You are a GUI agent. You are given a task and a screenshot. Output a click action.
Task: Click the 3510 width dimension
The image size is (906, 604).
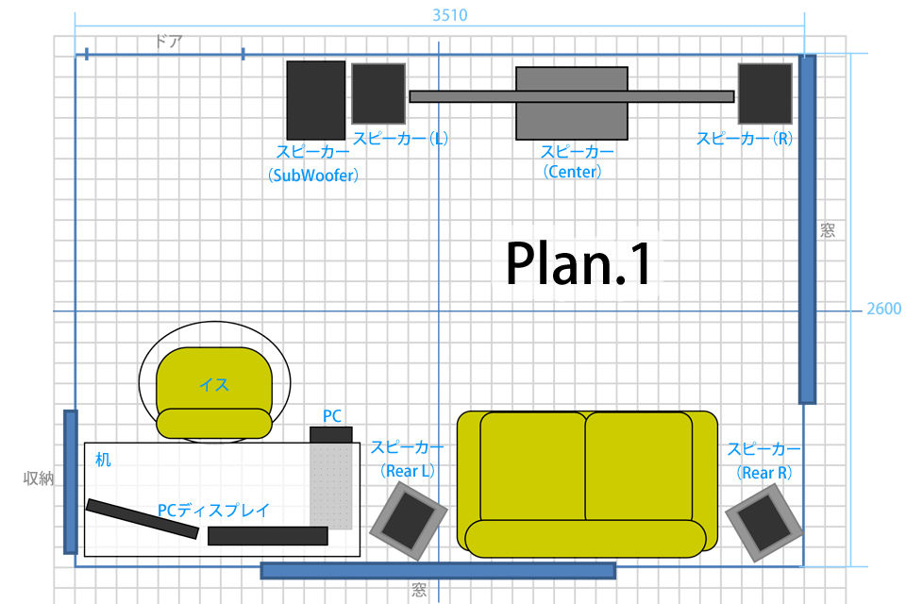[x=449, y=15]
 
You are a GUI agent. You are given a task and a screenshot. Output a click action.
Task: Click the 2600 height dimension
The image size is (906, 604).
[x=883, y=309]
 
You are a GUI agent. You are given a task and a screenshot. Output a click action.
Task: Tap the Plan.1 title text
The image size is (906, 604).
[x=579, y=263]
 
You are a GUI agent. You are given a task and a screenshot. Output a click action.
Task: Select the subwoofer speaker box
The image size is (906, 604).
[x=316, y=100]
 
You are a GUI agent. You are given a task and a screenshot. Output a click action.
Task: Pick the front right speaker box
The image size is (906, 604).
[x=764, y=93]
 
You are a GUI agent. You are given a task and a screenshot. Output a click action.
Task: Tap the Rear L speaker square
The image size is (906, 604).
[x=409, y=521]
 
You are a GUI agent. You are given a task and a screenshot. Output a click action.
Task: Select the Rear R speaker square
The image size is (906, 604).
[x=763, y=523]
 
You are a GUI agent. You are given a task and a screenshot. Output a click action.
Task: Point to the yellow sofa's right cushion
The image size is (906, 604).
[x=639, y=467]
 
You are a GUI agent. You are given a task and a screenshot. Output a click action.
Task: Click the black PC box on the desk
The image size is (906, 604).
[x=331, y=435]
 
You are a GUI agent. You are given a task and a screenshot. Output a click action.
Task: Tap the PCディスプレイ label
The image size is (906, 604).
[x=213, y=510]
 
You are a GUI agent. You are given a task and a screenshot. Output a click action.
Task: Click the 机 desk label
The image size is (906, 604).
[x=104, y=460]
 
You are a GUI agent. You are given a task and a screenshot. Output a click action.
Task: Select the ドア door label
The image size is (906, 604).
[x=168, y=42]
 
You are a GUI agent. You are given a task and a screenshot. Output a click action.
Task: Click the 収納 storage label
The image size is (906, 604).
[x=38, y=478]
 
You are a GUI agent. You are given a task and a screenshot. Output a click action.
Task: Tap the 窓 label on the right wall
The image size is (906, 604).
[x=828, y=230]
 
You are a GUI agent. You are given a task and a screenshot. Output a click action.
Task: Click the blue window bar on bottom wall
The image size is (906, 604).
[x=438, y=570]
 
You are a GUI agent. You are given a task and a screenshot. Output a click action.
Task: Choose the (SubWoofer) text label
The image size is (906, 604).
[x=313, y=175]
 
